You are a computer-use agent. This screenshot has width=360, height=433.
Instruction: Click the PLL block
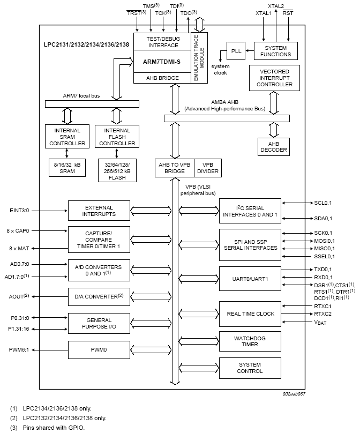coord(236,51)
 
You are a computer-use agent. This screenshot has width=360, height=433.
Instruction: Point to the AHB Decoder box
coord(273,146)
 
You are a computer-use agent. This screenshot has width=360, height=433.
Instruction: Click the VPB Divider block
coord(206,168)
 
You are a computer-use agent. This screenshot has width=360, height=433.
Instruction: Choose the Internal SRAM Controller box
coord(67,137)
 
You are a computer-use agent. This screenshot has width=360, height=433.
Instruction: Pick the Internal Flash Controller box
coord(116,137)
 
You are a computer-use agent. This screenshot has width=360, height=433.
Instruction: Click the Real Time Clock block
coord(250,314)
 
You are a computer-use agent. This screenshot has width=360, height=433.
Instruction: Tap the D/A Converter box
coord(99,296)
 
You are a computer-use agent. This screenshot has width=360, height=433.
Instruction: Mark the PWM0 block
coord(99,350)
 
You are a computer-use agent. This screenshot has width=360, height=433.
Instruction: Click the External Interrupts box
coord(99,211)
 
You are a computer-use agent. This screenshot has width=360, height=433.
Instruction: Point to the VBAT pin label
coord(320,323)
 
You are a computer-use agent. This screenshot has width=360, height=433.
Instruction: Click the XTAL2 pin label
coord(276,6)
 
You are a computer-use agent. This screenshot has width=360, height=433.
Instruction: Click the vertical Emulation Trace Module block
coord(199,58)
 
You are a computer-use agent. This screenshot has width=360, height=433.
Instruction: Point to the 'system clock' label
coord(220,69)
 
